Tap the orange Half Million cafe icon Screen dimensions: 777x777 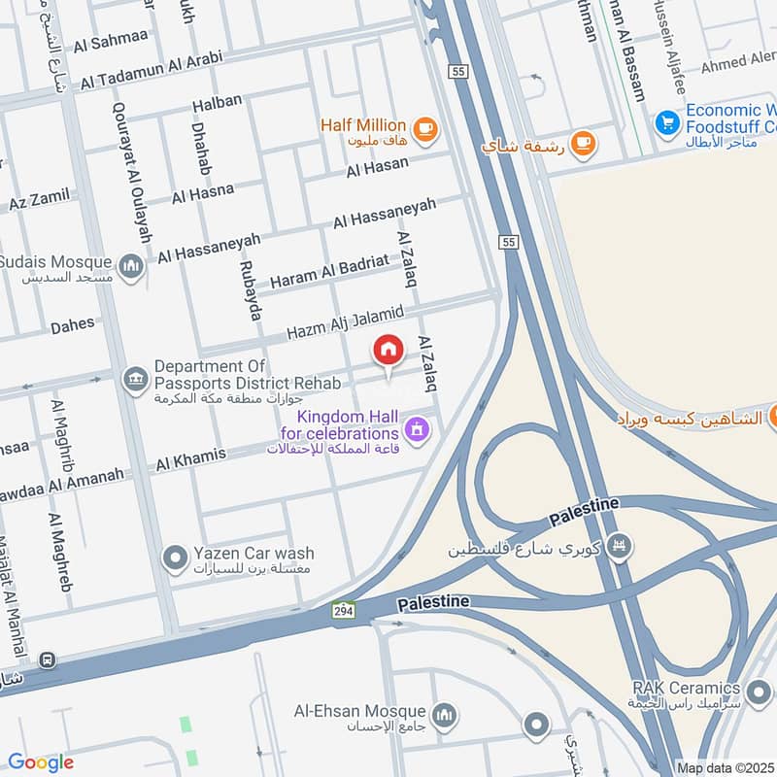424,128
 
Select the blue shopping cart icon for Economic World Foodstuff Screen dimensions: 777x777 666,122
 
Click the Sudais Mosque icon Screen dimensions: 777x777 131,265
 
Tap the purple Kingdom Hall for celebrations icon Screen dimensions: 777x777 418,428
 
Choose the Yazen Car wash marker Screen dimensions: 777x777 175,558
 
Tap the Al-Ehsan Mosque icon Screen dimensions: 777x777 444,716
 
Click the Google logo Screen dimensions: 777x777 40,762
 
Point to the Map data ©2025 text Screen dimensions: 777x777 725,767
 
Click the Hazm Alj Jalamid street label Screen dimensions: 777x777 344,322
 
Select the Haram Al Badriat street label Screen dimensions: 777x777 329,271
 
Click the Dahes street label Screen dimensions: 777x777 73,327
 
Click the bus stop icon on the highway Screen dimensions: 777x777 48,660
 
